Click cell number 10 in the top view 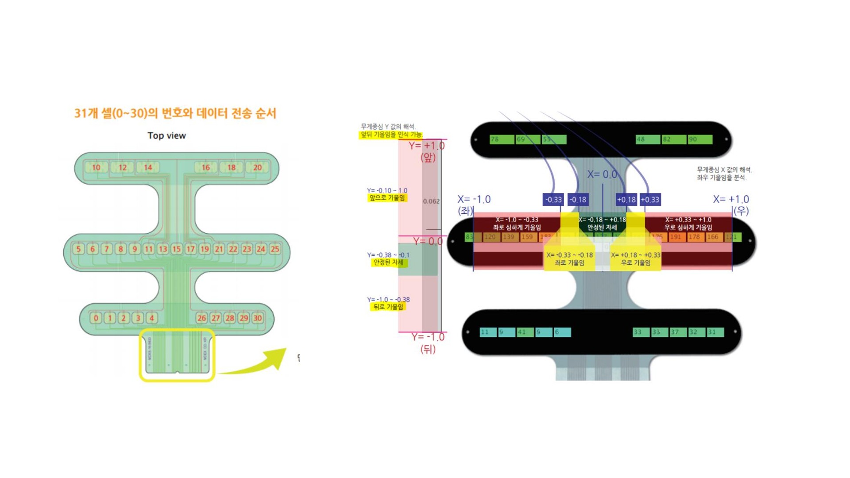click(96, 167)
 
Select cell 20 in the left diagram click(257, 167)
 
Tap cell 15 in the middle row click(177, 249)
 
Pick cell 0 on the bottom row click(96, 318)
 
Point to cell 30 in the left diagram click(258, 318)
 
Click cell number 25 click(275, 249)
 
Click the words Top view click(166, 135)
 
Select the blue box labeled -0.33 click(553, 200)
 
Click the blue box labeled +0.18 click(626, 200)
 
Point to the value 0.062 click(431, 201)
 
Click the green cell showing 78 click(502, 139)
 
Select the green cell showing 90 click(700, 139)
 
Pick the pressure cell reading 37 click(678, 332)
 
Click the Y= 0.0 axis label click(428, 241)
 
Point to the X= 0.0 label click(602, 174)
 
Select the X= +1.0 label click(730, 199)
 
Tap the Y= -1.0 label click(428, 337)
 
